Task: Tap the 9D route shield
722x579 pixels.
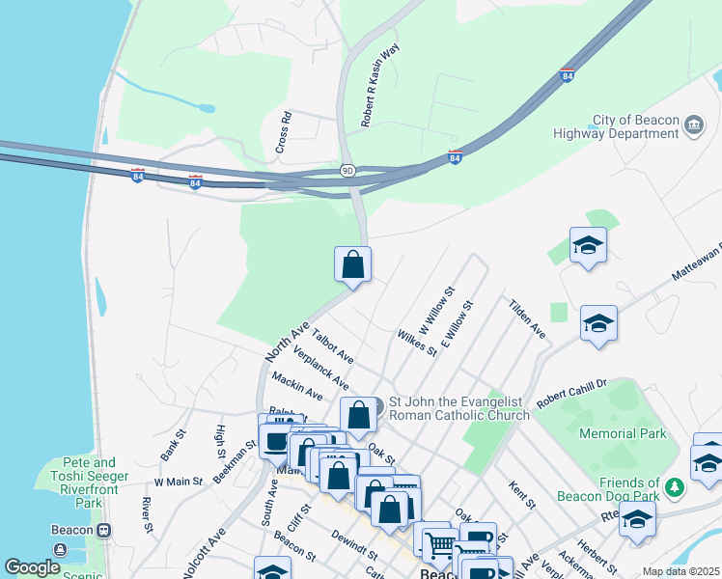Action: click(x=347, y=170)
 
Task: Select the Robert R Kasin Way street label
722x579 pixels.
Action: click(x=380, y=85)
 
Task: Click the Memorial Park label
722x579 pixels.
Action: click(x=623, y=433)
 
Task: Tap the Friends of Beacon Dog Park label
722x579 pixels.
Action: click(x=608, y=489)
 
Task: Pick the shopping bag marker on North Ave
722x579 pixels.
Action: click(x=352, y=262)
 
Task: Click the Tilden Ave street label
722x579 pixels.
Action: click(x=527, y=317)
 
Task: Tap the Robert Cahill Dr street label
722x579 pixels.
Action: click(x=571, y=389)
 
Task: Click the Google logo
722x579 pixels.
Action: click(x=32, y=567)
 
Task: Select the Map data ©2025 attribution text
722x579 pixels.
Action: click(x=680, y=571)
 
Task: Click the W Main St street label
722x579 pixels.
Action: click(x=178, y=481)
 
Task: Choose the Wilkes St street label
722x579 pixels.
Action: click(x=417, y=343)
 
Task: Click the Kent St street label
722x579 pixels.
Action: click(x=521, y=493)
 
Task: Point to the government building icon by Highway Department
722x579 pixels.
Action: click(x=693, y=125)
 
